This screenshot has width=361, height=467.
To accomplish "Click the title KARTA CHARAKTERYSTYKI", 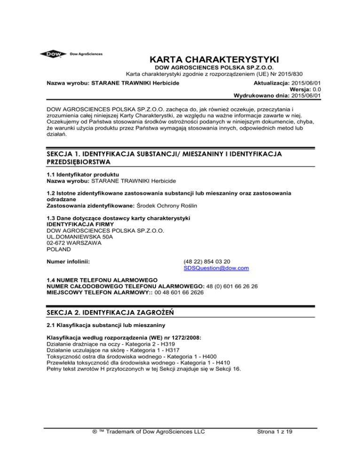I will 214,60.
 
